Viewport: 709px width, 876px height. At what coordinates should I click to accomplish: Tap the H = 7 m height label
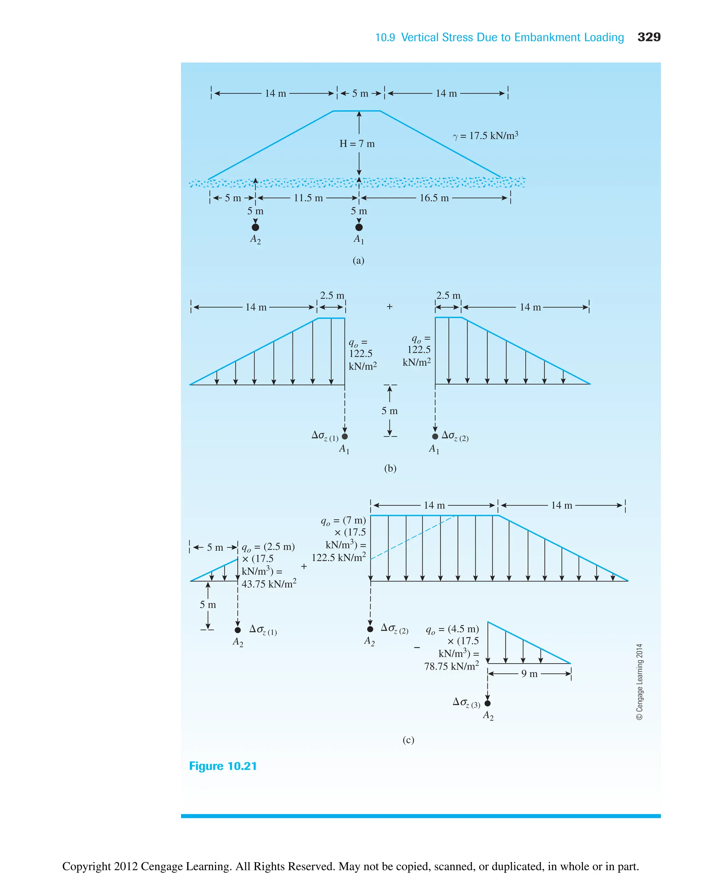coord(357,144)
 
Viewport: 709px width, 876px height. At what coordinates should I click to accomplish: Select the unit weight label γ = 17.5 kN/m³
coord(485,136)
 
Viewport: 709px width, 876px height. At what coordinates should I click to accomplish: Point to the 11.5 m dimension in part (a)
coord(308,198)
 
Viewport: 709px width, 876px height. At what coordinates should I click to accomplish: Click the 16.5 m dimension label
coord(434,198)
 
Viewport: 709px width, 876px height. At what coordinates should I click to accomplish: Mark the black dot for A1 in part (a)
coord(359,227)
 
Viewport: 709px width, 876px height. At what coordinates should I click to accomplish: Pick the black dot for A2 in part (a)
coord(255,227)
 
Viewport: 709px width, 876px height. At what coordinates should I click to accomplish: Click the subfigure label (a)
coord(358,260)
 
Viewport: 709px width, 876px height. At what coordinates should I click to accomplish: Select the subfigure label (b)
coord(390,468)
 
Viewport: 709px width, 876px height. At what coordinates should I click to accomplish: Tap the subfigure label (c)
coord(408,740)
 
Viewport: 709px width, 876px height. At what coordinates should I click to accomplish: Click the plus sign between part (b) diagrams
coord(389,306)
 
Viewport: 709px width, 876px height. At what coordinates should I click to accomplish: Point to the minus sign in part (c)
coord(416,647)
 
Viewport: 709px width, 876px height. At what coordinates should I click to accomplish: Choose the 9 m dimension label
coord(529,674)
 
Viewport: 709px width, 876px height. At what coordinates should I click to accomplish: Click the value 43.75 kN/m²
coord(269,584)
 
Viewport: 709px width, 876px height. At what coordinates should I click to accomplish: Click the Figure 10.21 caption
coord(223,766)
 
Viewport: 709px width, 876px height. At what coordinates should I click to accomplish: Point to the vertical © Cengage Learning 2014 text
coord(639,681)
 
